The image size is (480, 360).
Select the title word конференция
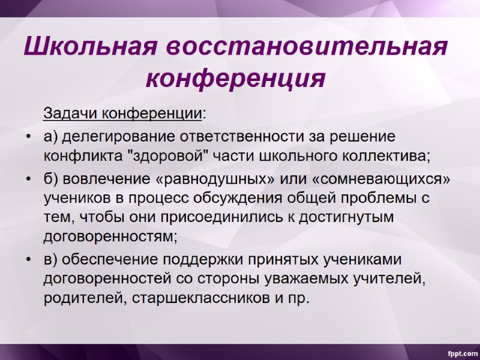[x=236, y=79]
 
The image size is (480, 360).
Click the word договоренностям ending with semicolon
[x=110, y=236]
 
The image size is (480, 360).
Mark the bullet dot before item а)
[x=28, y=137]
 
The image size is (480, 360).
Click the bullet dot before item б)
[x=28, y=179]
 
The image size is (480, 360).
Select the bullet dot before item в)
[x=28, y=260]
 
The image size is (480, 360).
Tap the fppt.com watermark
[x=460, y=351]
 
